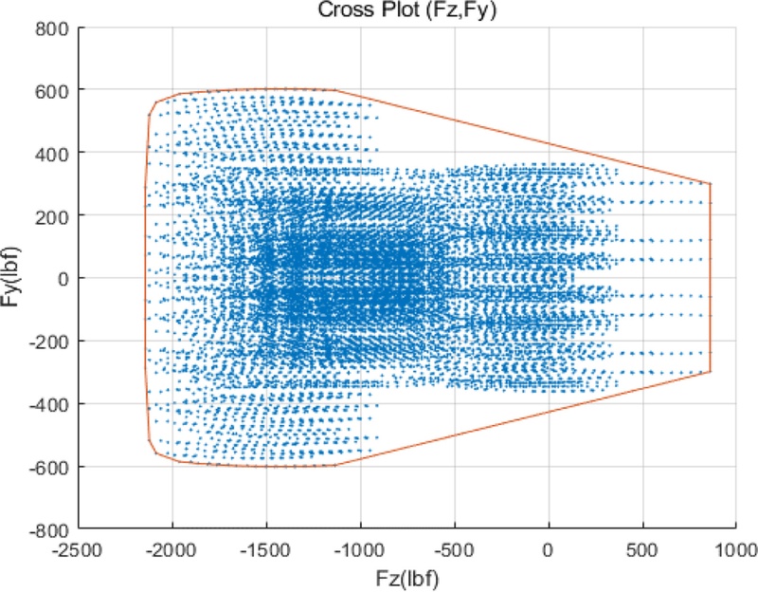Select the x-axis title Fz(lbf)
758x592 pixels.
tap(406, 575)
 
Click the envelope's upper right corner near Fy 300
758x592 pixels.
tap(710, 184)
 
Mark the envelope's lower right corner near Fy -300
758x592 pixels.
tap(710, 372)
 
